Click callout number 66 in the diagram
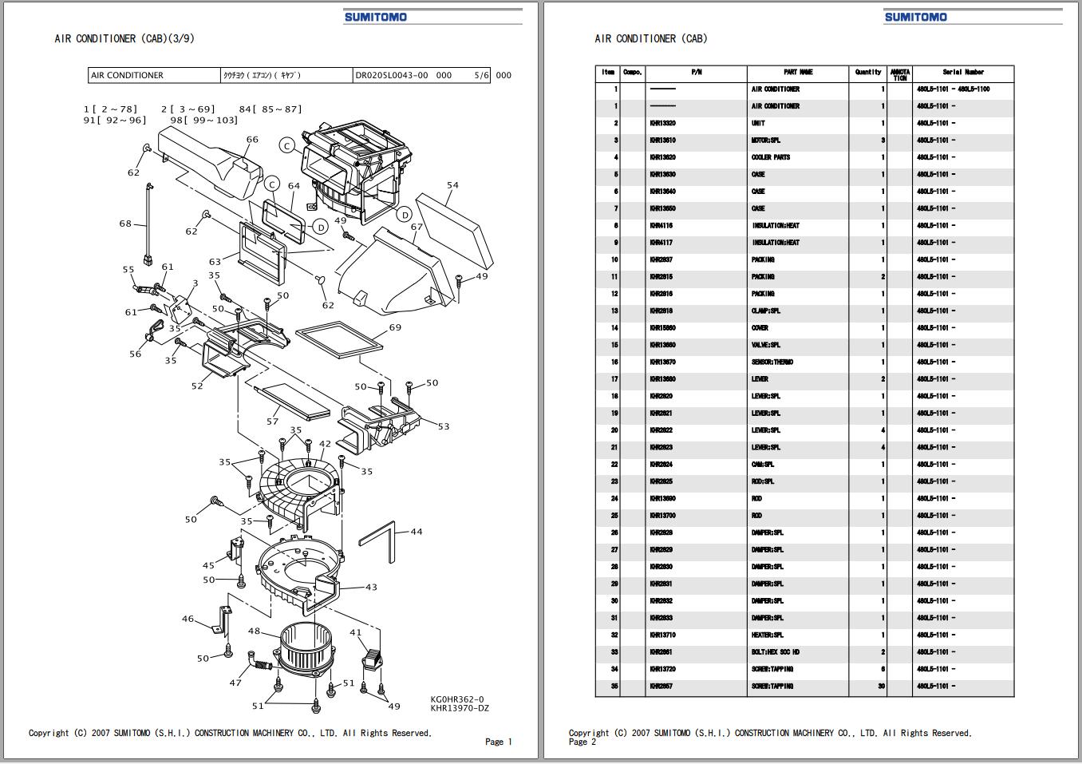tap(252, 140)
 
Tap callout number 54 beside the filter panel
tap(452, 185)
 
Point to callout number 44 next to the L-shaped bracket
tap(417, 532)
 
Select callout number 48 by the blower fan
tap(254, 631)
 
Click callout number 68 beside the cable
tap(125, 224)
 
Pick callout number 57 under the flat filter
tap(272, 421)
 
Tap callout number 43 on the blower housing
tap(371, 587)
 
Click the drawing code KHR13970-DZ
tap(460, 707)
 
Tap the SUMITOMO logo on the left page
tap(376, 17)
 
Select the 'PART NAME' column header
tap(798, 72)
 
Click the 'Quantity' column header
tap(868, 72)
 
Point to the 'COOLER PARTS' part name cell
tap(771, 157)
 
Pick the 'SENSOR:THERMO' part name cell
tap(772, 362)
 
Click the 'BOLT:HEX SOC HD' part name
tap(775, 652)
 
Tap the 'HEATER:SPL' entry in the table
tap(768, 635)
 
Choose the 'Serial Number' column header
tap(963, 72)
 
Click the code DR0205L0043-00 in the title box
tap(391, 76)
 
